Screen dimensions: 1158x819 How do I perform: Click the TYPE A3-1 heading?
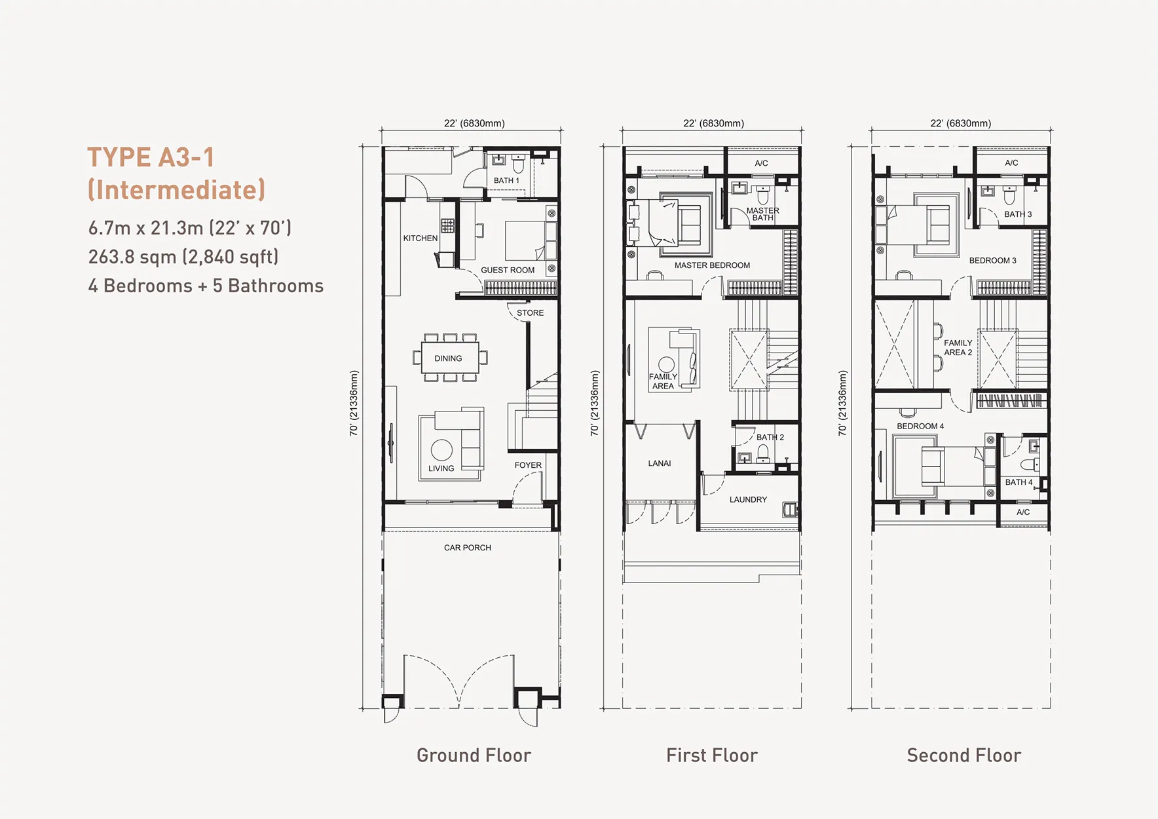pos(151,157)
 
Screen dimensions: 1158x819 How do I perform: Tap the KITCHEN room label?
pos(420,238)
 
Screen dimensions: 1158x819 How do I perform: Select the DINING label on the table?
pos(448,358)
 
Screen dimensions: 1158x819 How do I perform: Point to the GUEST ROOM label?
pos(508,270)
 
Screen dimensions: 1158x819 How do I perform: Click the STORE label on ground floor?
pos(530,313)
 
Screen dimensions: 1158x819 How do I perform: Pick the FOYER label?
pos(528,465)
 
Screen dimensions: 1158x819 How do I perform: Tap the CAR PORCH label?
pos(468,548)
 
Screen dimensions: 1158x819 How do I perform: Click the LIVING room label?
pos(441,468)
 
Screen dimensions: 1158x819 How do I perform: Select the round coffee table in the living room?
pos(441,450)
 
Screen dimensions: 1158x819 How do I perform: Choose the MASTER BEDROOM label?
pos(713,265)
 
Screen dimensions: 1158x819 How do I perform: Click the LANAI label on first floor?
pos(660,463)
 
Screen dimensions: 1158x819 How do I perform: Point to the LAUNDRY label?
pos(748,499)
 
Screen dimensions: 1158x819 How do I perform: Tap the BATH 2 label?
pos(770,437)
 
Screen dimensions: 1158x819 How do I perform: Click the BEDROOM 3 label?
pos(993,260)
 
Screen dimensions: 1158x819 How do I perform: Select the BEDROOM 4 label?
pos(920,426)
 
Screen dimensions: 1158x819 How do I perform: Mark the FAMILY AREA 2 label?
pos(958,347)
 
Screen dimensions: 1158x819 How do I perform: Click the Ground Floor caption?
pos(474,755)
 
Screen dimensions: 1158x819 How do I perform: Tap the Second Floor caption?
pos(964,755)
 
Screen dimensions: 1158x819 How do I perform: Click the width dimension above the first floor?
pos(713,123)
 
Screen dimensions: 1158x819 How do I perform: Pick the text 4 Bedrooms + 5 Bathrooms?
pos(206,286)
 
